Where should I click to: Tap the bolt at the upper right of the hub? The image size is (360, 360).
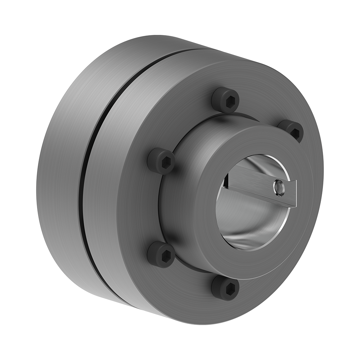tap(291, 130)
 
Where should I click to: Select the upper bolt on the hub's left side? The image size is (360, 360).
tap(161, 161)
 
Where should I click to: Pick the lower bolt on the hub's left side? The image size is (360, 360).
tap(161, 254)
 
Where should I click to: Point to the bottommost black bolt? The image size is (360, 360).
tap(225, 288)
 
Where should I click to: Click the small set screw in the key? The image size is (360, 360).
tap(278, 188)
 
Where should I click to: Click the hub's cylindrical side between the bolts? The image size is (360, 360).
tap(176, 202)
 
